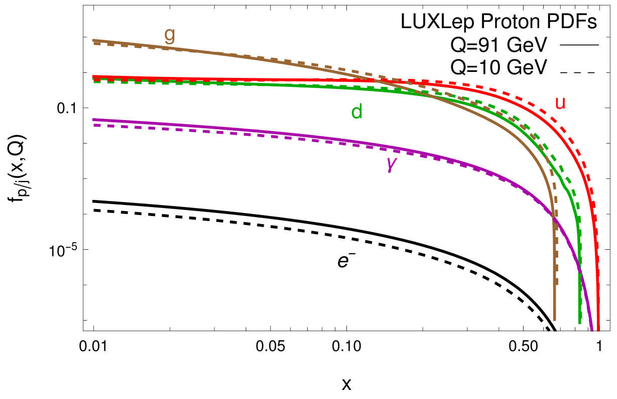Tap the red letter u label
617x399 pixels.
coord(560,103)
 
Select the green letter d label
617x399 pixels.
coord(356,112)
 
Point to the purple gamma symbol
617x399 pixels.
coord(391,163)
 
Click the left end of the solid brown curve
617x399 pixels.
coord(94,40)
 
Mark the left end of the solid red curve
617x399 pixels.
coord(94,77)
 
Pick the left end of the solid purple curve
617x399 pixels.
coord(94,120)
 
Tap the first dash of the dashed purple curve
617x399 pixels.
coord(97,125)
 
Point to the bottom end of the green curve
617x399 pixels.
coord(579,322)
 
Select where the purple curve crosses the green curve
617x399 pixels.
coord(580,272)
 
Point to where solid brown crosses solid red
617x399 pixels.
coord(374,79)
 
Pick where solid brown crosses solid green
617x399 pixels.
coord(431,95)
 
